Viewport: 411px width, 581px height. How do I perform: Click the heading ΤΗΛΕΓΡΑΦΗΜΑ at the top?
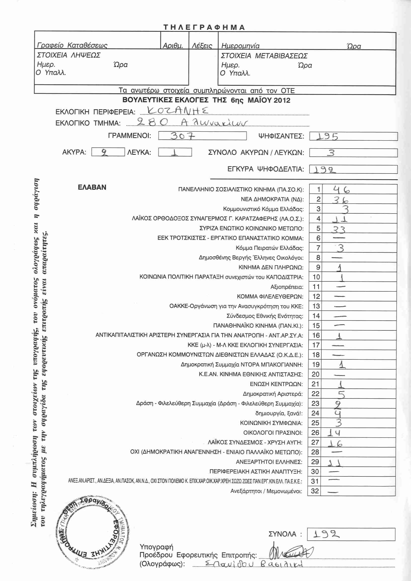(204, 27)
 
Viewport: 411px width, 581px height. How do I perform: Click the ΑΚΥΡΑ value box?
(108, 152)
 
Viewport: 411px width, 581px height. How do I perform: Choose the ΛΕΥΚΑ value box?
(175, 152)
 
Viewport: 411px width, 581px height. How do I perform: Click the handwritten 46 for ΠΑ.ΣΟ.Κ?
(341, 189)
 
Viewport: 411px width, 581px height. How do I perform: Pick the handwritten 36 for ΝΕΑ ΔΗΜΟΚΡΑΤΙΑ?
(340, 200)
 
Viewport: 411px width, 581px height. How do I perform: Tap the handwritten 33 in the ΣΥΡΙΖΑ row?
(339, 229)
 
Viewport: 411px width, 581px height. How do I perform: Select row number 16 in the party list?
(316, 335)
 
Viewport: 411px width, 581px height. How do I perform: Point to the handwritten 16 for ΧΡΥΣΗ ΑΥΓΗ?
(335, 443)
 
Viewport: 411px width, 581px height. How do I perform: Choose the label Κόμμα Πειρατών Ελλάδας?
(269, 248)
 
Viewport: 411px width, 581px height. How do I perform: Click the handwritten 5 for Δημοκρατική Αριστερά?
(341, 394)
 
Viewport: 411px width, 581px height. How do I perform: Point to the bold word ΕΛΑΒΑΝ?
(92, 187)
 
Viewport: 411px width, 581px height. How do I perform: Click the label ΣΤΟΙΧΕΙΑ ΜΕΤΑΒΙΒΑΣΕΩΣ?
(264, 56)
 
